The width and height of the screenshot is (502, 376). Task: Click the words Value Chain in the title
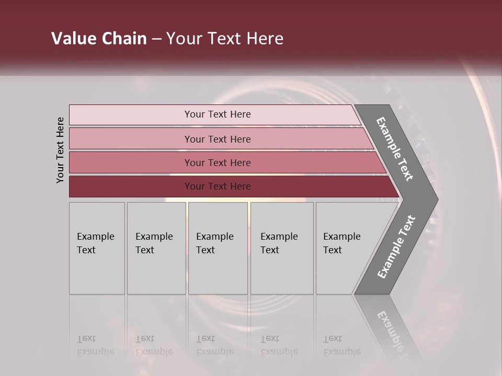tap(99, 39)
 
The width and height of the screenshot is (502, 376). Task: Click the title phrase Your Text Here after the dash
tap(225, 39)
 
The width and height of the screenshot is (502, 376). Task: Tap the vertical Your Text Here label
tap(60, 150)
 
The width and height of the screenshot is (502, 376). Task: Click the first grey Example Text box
tap(97, 248)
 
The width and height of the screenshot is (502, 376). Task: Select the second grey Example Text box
tap(156, 248)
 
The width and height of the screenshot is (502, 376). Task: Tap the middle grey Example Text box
tap(218, 248)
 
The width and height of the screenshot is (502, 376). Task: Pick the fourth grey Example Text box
tap(282, 248)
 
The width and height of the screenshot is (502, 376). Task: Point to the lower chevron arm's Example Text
tap(396, 246)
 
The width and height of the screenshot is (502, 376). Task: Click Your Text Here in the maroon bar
tap(218, 186)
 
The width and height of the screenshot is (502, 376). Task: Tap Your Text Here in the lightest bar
tap(218, 114)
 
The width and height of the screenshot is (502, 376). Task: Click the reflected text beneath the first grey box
tap(95, 345)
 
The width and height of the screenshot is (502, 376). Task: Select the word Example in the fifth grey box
tap(342, 237)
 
